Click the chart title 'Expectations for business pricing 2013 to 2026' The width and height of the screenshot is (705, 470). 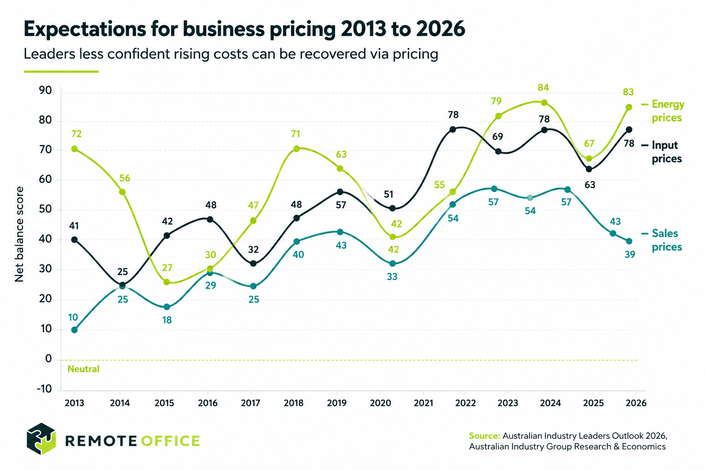point(244,29)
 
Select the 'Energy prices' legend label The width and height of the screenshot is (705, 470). point(667,111)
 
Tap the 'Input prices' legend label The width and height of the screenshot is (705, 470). point(666,152)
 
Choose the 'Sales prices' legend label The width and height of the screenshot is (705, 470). point(666,240)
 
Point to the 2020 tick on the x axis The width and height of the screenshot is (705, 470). point(380,403)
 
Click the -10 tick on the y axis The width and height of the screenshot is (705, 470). point(45,389)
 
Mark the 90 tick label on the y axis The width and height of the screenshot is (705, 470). point(45,91)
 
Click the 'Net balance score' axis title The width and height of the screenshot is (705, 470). point(19,234)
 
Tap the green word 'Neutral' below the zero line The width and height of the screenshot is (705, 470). point(84,369)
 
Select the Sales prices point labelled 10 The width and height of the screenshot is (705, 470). point(74,330)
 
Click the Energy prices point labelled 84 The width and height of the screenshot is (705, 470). point(544,103)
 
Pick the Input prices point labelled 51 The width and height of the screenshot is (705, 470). point(392,208)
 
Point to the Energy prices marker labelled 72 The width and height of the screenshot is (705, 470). point(74,149)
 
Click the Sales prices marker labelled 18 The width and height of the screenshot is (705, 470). point(167,307)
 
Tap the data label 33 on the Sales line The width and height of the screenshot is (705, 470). point(392,277)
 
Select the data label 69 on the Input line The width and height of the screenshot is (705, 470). point(498,137)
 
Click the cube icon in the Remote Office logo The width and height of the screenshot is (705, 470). point(41,439)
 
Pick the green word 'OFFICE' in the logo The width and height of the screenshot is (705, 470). point(170,441)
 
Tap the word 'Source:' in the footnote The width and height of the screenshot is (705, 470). point(484,436)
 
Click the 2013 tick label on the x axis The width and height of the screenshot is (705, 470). point(74,403)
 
